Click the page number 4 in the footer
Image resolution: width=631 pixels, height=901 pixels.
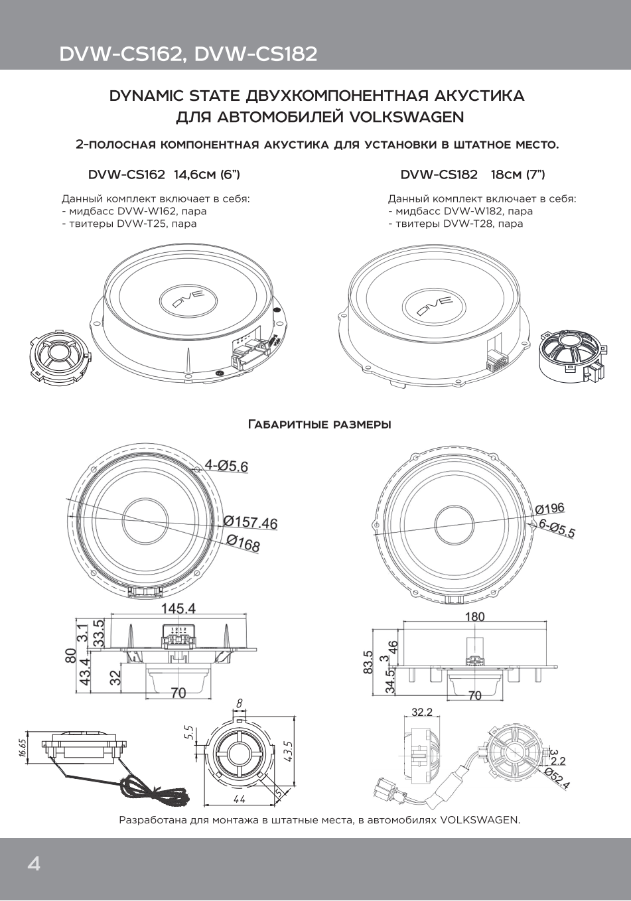pos(33,863)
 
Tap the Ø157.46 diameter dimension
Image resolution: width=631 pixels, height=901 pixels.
pos(250,522)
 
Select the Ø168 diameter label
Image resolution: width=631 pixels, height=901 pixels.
pos(243,543)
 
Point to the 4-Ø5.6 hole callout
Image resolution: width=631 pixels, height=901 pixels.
pos(226,466)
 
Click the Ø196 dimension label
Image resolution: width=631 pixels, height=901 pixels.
pos(549,509)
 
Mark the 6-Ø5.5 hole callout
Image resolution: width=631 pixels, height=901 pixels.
pos(557,528)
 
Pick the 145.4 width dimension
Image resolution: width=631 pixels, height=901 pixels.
pos(178,608)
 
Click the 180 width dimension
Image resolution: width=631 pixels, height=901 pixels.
pos(474,616)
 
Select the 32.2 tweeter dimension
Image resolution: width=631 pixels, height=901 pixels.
pos(422,712)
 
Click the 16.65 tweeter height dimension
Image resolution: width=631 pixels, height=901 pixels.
pos(23,748)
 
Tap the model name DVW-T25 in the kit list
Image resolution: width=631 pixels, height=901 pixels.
pos(139,224)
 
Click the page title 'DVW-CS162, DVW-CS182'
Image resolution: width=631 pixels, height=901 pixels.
pos(188,54)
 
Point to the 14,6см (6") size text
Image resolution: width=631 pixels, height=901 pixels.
pos(207,174)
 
